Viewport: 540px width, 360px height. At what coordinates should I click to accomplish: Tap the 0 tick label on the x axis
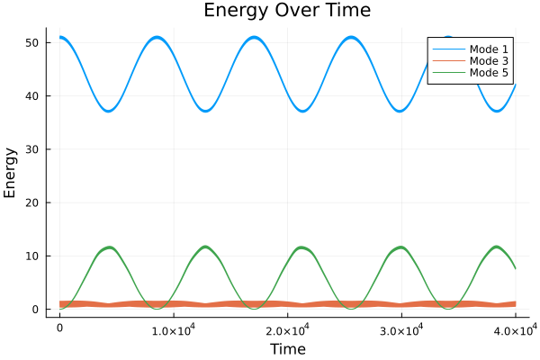tap(59, 330)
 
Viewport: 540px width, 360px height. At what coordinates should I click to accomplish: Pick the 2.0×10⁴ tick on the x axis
tap(287, 330)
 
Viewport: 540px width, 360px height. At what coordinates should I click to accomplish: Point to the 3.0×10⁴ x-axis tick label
tap(401, 330)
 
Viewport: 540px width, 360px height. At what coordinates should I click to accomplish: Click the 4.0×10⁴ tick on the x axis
tap(515, 330)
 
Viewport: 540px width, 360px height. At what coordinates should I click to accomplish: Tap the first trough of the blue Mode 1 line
tap(109, 111)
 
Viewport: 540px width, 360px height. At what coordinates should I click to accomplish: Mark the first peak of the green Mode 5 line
tap(109, 247)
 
